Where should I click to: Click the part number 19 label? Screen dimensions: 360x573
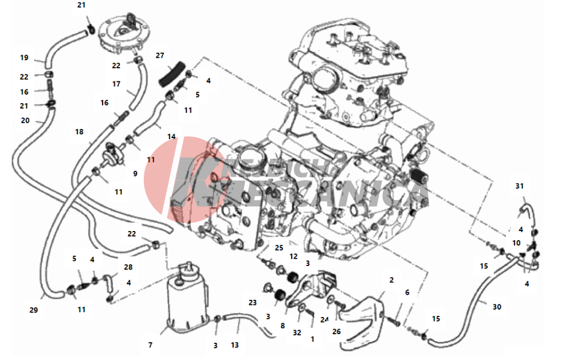tap(24, 58)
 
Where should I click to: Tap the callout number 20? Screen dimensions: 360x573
tap(25, 120)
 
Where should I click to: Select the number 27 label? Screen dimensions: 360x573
tap(160, 56)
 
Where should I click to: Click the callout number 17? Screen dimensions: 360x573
tap(116, 84)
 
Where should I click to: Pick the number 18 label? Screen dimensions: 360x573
tap(79, 131)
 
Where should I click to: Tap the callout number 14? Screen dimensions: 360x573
tap(171, 137)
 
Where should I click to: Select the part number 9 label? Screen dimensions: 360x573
tap(135, 173)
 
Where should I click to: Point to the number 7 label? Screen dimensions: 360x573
tap(150, 345)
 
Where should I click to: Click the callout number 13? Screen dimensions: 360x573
tap(235, 345)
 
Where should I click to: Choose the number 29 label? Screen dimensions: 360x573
tap(33, 310)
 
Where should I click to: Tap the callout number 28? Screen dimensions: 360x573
tap(128, 268)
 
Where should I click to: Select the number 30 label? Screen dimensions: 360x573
tap(497, 307)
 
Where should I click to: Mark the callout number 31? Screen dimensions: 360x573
tap(520, 186)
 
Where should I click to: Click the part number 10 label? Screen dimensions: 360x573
tap(516, 242)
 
